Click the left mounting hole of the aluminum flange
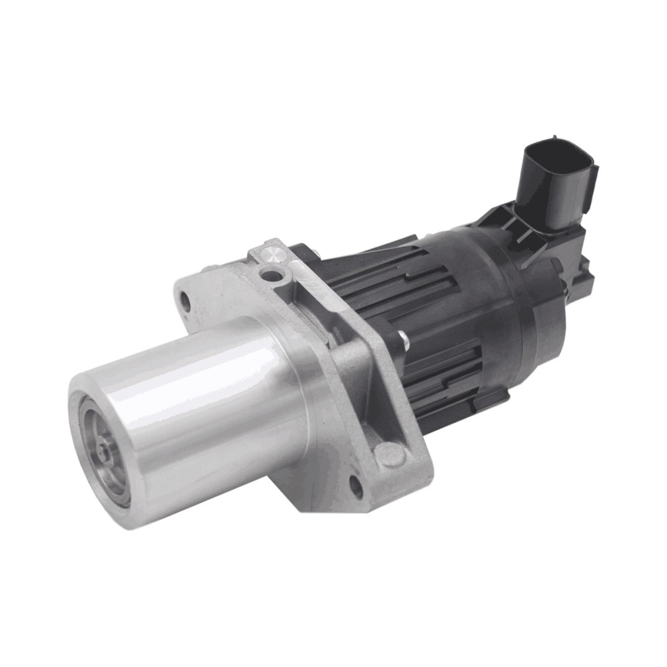coord(186,303)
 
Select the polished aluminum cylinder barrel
coord(200,407)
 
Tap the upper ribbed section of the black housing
coord(380,280)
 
